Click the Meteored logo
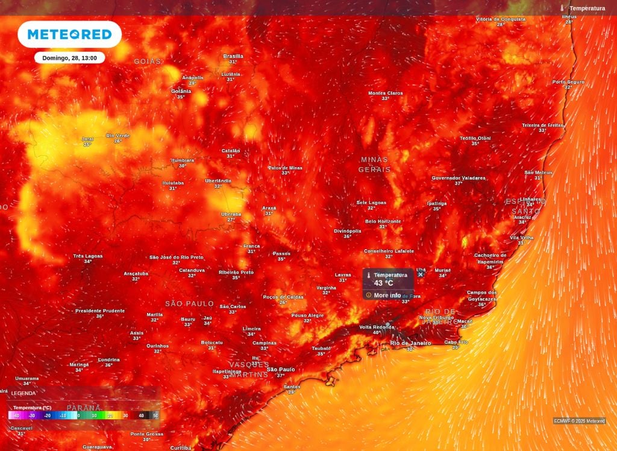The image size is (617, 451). click(69, 34)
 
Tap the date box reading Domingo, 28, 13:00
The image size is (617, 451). click(69, 58)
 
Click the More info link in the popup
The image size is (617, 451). click(387, 295)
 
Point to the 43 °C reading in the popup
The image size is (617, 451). click(384, 283)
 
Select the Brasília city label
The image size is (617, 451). click(233, 56)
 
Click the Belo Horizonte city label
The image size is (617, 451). click(383, 221)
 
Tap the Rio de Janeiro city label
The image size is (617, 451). click(411, 343)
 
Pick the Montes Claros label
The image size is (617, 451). click(386, 93)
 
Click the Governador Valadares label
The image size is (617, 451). click(459, 178)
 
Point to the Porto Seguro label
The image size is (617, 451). click(568, 82)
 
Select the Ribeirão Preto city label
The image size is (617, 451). click(236, 273)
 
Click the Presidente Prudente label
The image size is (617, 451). click(100, 311)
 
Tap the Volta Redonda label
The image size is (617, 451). click(377, 327)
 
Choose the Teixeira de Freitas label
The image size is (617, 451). click(542, 125)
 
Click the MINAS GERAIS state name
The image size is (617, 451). click(375, 164)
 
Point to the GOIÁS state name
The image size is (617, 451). click(148, 61)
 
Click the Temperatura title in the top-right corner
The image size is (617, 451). click(587, 8)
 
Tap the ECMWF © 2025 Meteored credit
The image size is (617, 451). click(580, 421)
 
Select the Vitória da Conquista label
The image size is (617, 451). click(500, 19)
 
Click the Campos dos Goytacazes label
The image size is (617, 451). click(482, 295)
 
